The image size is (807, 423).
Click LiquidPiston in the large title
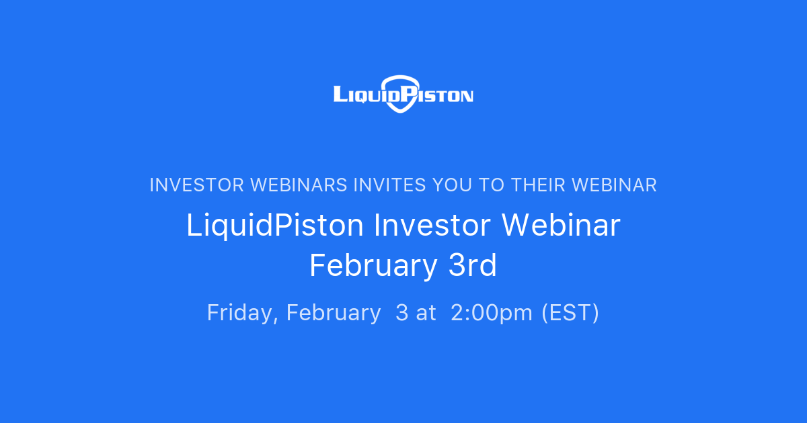tap(275, 226)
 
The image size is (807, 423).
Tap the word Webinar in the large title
tap(561, 226)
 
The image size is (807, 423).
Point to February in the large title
tap(373, 267)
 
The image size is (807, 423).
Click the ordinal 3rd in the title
tap(472, 267)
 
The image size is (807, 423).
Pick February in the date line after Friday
tap(333, 313)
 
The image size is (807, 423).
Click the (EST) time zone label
tap(570, 313)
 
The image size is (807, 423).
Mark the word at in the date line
tap(426, 313)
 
